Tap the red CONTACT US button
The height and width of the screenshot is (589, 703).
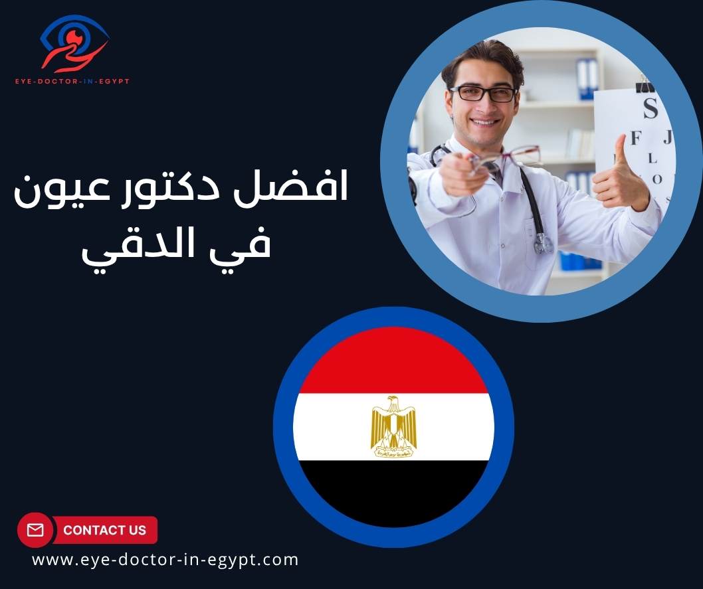(x=104, y=530)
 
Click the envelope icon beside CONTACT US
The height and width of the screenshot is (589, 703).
(x=35, y=530)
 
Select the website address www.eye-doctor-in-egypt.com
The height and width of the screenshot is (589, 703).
(x=165, y=560)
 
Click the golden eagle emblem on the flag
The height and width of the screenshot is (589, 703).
(x=393, y=426)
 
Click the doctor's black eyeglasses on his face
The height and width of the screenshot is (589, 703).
(x=483, y=94)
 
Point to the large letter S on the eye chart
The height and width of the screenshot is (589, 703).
(x=649, y=108)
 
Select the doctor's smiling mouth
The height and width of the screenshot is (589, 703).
(x=484, y=122)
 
